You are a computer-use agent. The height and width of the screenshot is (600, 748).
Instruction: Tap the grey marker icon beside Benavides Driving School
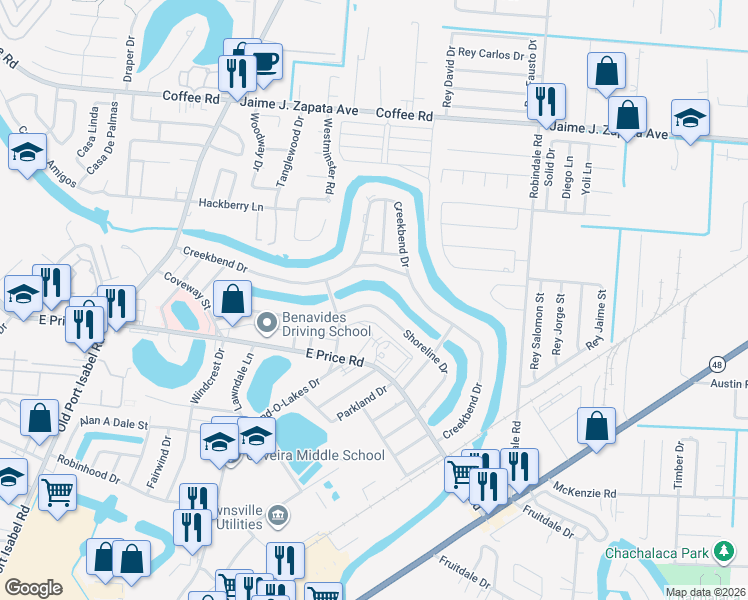267,322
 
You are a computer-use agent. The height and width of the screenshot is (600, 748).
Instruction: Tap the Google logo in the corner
33,588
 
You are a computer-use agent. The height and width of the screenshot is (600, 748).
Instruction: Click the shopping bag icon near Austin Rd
596,425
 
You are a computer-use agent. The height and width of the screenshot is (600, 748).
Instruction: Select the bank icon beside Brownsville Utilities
278,516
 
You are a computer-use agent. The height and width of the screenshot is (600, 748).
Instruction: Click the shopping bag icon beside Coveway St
232,298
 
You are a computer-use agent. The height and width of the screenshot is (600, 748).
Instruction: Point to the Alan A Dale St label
114,423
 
